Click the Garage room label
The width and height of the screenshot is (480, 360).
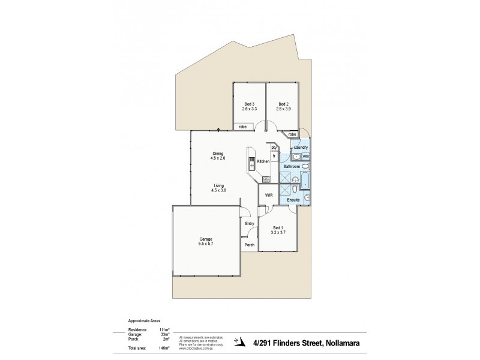click(206, 239)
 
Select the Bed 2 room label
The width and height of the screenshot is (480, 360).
click(283, 104)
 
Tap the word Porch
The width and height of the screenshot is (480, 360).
click(250, 245)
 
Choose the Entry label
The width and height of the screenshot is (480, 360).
click(250, 224)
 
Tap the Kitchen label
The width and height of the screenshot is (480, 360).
click(263, 162)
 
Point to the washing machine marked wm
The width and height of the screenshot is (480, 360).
click(305, 157)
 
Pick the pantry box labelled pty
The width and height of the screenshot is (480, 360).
click(274, 147)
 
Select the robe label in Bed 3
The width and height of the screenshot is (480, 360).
click(243, 127)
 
